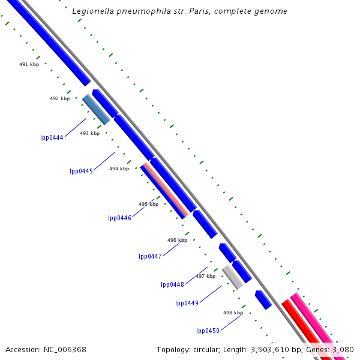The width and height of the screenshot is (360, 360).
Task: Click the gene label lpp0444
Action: click(52, 137)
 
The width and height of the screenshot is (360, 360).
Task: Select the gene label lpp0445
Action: click(81, 171)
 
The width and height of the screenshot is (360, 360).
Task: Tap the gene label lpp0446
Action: click(119, 218)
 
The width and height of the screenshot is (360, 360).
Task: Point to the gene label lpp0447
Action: click(150, 256)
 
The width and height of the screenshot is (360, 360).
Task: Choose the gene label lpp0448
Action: click(172, 284)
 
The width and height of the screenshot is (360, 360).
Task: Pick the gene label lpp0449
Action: click(187, 303)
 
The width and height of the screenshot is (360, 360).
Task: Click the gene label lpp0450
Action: click(208, 331)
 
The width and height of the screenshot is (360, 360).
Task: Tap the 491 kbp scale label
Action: click(29, 64)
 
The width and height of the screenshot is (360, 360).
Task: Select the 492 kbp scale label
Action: click(59, 98)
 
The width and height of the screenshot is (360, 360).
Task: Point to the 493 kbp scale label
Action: click(89, 133)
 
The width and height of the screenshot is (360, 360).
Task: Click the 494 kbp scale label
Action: click(119, 169)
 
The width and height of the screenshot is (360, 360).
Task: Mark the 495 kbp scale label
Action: click(148, 204)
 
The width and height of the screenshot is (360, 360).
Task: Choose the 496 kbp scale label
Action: click(177, 240)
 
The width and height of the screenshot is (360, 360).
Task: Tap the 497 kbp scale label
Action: click(205, 276)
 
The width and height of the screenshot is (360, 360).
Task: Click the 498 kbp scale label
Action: click(233, 313)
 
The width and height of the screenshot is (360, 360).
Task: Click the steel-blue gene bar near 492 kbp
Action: click(96, 109)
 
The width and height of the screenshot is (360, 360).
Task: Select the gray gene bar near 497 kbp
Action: click(232, 277)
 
